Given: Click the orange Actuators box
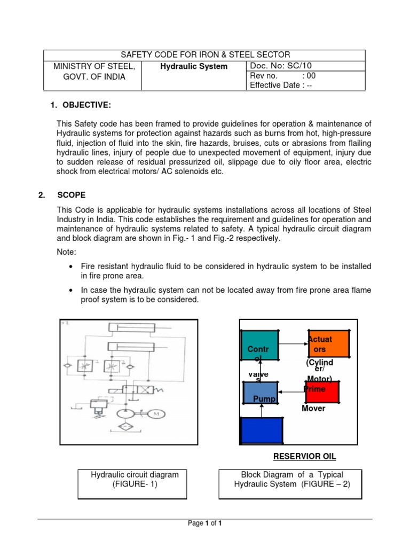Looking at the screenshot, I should click(x=328, y=345).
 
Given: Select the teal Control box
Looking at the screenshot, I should click(x=259, y=345).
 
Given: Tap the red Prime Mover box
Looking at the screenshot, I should click(x=322, y=392).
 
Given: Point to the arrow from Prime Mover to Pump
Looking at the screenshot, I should click(x=291, y=392).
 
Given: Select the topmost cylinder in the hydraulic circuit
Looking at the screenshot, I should click(x=131, y=328).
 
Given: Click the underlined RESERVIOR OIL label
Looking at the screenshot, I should click(x=305, y=456).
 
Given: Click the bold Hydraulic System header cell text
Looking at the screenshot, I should click(x=194, y=67).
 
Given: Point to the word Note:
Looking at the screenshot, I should click(x=67, y=251).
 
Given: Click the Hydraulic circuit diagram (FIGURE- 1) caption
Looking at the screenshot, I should click(x=132, y=479).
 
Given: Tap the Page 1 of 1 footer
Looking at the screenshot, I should click(x=205, y=523).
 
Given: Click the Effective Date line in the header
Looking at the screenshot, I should click(x=281, y=85).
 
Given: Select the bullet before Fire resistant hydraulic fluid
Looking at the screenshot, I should click(x=71, y=266).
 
